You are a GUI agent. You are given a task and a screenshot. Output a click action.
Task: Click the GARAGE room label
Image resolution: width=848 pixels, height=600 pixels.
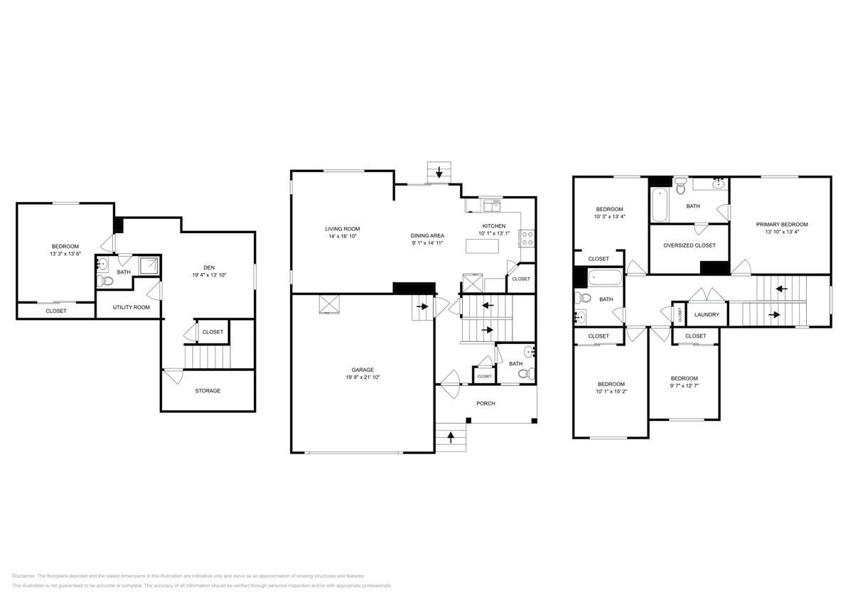(x=363, y=370)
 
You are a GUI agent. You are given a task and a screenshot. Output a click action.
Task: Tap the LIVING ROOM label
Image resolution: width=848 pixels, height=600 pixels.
(x=343, y=229)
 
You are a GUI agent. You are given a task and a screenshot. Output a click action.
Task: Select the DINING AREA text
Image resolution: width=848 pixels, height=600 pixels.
(x=427, y=235)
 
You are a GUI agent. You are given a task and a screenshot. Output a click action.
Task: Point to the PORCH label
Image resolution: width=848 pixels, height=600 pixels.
(x=485, y=403)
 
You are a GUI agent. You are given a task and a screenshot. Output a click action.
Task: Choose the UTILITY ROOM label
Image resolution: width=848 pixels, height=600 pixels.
(x=132, y=307)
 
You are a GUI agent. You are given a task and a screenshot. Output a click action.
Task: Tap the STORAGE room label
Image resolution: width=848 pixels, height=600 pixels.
(x=208, y=391)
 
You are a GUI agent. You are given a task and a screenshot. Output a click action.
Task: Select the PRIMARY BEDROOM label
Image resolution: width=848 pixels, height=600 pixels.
(x=781, y=224)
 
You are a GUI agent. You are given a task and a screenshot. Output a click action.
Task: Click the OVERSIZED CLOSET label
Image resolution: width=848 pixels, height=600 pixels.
(x=689, y=245)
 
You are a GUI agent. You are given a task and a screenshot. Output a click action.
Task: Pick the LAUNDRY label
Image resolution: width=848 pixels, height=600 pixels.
(x=707, y=314)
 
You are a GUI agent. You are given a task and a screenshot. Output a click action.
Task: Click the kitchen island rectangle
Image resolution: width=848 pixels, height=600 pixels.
(x=482, y=246)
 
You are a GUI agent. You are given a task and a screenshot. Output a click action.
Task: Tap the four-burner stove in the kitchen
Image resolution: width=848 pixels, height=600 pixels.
(x=527, y=238)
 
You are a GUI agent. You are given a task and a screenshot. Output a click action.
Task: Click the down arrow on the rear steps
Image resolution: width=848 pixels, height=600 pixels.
(x=439, y=171)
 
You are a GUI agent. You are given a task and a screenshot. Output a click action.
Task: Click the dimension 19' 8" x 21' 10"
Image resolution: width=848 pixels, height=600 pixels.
(x=363, y=377)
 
